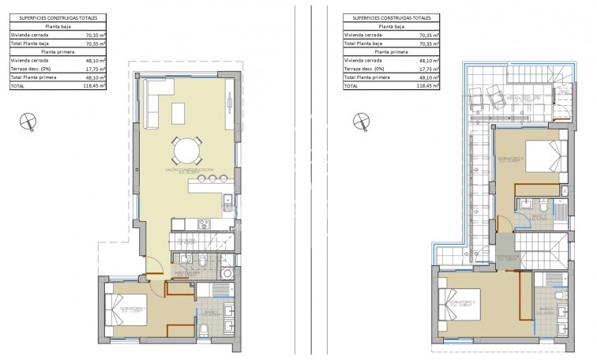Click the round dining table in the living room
pyautogui.click(x=186, y=149)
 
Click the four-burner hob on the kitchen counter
pyautogui.click(x=227, y=202)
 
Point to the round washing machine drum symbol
pyautogui.click(x=227, y=274)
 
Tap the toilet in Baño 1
pyautogui.click(x=202, y=262)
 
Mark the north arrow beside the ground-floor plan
pyautogui.click(x=28, y=121)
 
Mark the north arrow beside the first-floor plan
pyautogui.click(x=361, y=121)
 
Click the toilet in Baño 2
pyautogui.click(x=527, y=208)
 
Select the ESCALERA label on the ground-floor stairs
pyautogui.click(x=187, y=239)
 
